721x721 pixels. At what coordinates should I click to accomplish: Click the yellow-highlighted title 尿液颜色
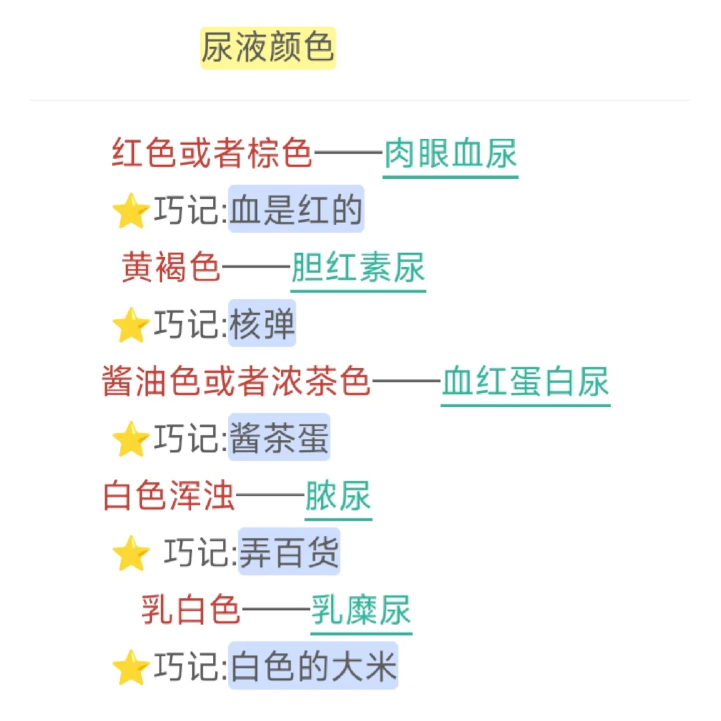coord(268,48)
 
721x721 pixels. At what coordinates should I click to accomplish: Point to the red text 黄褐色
coord(171,269)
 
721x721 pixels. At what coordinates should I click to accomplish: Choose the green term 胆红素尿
coord(358,269)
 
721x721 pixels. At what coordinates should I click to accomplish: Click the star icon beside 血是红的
coord(130,212)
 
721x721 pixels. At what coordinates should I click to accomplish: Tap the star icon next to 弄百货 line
coord(130,554)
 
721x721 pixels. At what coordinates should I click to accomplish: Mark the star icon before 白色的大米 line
coord(130,668)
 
